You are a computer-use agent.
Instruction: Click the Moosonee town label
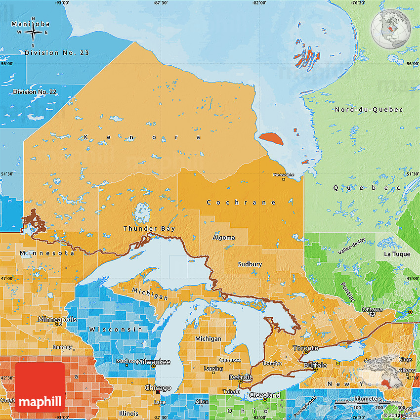click(x=284, y=175)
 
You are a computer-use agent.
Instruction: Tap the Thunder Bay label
click(x=149, y=228)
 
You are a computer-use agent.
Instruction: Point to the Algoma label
click(x=223, y=238)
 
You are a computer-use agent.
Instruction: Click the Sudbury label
click(x=250, y=264)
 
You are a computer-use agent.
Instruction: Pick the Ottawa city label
click(x=372, y=309)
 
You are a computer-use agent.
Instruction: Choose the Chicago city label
click(x=158, y=388)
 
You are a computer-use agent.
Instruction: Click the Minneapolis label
click(x=58, y=319)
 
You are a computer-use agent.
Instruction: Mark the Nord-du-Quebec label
click(x=368, y=109)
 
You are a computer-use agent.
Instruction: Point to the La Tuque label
click(x=397, y=254)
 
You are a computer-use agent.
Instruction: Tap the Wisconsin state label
click(x=115, y=329)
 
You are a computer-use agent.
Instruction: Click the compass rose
click(x=33, y=33)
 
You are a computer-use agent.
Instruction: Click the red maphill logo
click(x=40, y=387)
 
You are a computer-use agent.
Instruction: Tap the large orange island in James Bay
click(x=272, y=139)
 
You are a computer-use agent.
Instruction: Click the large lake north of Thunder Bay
click(x=142, y=213)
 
